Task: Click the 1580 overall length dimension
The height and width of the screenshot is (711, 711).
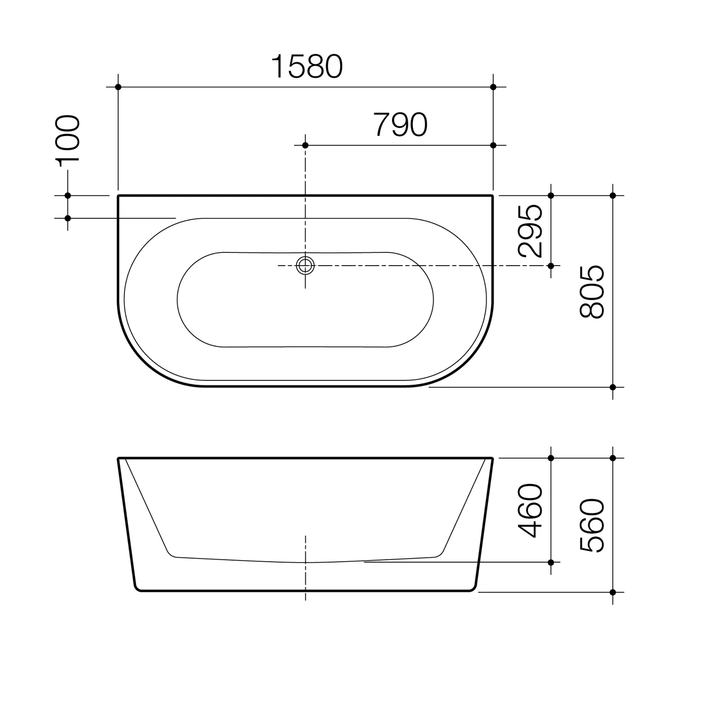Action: click(307, 67)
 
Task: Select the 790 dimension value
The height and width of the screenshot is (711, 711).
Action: click(400, 125)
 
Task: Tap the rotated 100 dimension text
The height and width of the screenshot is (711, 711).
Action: click(69, 141)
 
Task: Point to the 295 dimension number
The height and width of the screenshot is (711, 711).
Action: click(531, 231)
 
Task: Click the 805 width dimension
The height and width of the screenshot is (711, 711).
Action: click(592, 292)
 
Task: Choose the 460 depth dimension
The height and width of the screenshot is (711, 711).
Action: click(531, 510)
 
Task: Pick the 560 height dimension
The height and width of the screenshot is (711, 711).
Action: click(592, 525)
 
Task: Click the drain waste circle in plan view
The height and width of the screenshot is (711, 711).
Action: click(305, 265)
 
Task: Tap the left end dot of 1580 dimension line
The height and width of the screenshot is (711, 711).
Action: click(118, 87)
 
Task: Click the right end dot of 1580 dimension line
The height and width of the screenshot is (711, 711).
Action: click(493, 87)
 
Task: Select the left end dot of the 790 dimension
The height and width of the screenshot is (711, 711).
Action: click(305, 145)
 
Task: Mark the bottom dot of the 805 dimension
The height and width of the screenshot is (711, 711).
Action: click(613, 387)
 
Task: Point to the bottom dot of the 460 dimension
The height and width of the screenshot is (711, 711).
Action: click(551, 562)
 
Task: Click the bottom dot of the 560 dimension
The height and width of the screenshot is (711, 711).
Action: click(613, 592)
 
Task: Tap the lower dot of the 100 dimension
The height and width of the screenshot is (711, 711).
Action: click(68, 218)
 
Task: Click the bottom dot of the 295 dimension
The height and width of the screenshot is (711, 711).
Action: click(551, 266)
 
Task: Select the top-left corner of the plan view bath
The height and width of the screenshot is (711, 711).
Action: click(119, 196)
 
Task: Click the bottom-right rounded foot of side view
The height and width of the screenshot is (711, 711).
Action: click(472, 588)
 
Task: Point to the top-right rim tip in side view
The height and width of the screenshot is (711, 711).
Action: click(492, 459)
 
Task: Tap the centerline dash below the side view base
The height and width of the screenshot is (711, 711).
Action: click(305, 596)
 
